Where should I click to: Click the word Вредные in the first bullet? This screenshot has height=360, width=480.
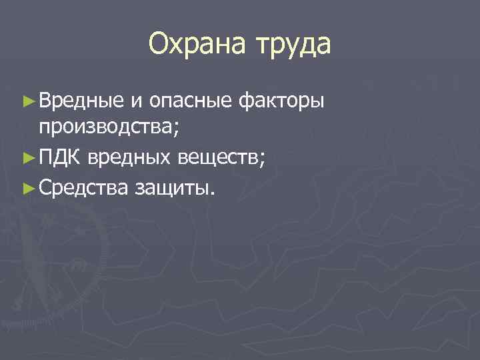81,101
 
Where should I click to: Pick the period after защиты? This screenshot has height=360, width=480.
212,193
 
